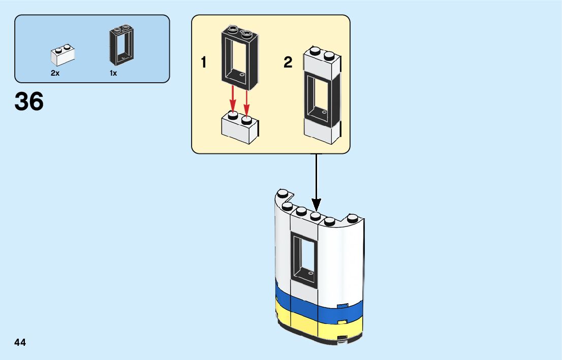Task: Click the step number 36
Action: point(29,102)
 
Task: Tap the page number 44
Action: point(20,343)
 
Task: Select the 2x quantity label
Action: point(55,73)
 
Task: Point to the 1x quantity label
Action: point(113,73)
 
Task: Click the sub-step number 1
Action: point(204,63)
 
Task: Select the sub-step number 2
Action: point(288,63)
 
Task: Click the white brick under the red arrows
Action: point(239,128)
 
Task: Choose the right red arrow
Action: point(247,101)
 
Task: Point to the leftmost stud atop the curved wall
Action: point(283,193)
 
